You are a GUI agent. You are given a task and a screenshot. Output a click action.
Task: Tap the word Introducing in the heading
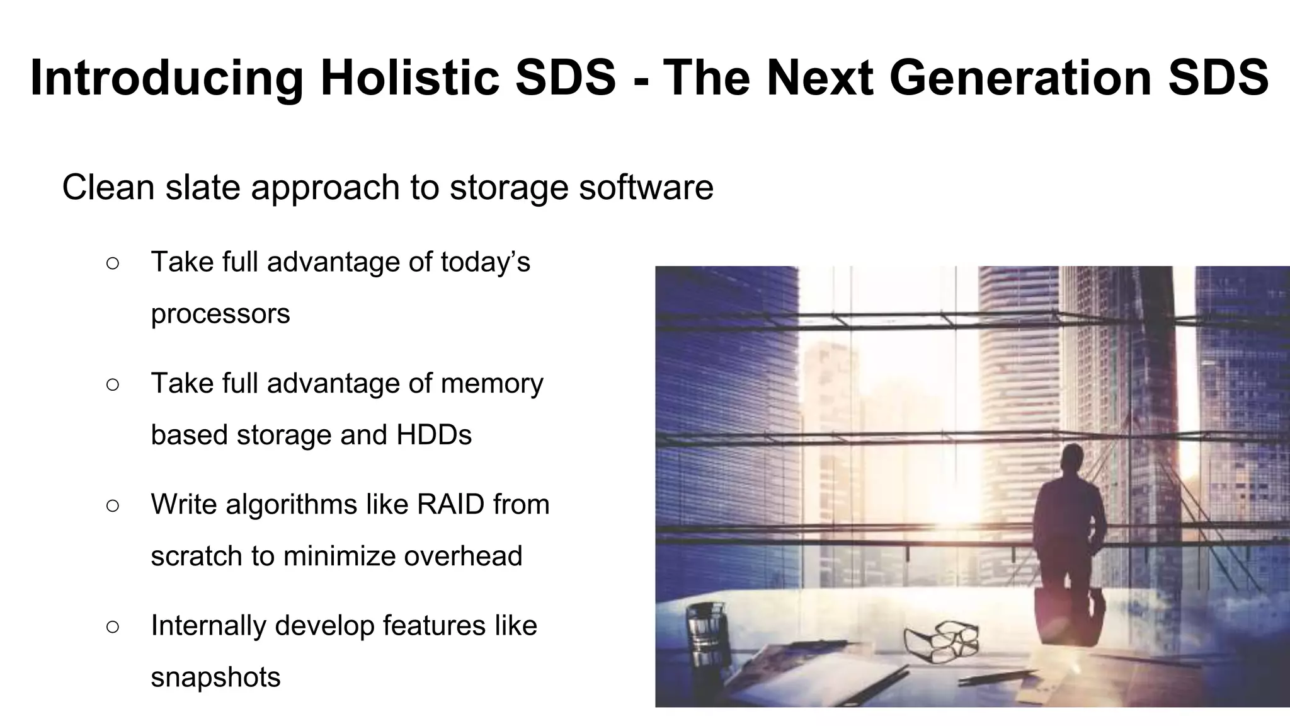tap(166, 79)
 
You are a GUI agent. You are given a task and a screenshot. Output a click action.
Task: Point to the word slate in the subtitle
tap(203, 187)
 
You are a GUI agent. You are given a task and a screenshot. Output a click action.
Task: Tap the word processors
tap(220, 314)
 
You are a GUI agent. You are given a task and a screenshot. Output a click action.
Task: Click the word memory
tap(491, 384)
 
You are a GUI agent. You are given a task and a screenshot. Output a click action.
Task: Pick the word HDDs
tap(433, 435)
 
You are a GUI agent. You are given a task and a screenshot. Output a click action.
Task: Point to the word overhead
tap(463, 556)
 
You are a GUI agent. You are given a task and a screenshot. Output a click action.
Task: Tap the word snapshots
tap(215, 677)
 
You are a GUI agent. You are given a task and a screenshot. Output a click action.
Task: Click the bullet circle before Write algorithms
tap(113, 505)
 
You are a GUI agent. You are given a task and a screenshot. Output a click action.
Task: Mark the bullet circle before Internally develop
tap(113, 626)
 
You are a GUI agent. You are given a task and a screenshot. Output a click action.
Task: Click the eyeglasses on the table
tap(942, 641)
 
